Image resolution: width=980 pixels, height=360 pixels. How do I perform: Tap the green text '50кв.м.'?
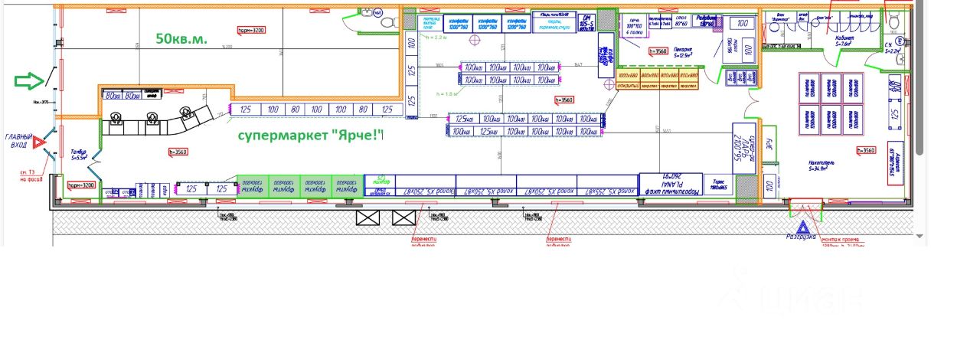tap(181, 38)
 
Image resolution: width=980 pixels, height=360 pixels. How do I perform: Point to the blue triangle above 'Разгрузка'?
tap(802, 227)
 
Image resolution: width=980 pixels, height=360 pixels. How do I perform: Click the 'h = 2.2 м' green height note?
tap(433, 37)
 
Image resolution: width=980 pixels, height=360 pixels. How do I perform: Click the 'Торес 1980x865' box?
tap(717, 184)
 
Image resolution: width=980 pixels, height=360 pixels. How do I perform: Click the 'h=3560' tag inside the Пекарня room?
tap(658, 51)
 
